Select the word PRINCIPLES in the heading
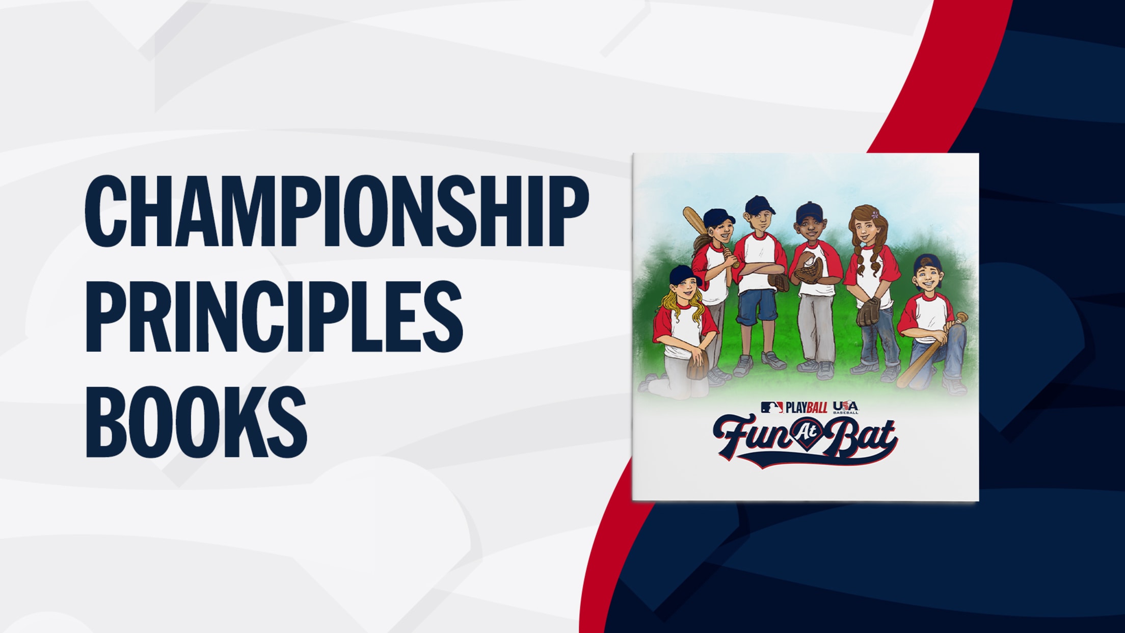274,316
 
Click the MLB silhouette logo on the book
771,407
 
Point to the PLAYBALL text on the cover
806,408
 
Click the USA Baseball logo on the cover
845,407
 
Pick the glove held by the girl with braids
868,311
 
